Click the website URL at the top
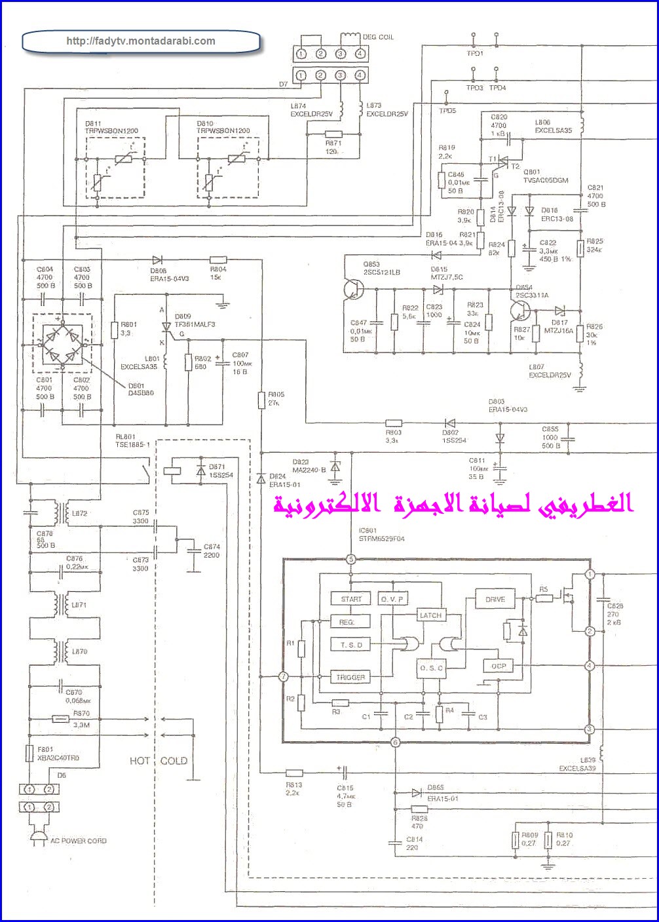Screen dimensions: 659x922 click(141, 41)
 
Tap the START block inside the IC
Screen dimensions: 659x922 click(351, 599)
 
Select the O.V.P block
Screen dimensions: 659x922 click(392, 599)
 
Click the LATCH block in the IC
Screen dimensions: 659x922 click(430, 615)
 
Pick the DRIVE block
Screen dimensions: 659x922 click(495, 599)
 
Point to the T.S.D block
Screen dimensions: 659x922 click(351, 645)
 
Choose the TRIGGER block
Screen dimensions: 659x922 click(350, 677)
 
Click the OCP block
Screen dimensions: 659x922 click(499, 666)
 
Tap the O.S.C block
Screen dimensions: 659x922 click(431, 668)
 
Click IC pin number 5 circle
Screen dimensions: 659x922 click(351, 559)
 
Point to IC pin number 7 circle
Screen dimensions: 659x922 click(283, 677)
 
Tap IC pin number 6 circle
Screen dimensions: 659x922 click(395, 742)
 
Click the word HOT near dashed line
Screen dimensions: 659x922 click(140, 761)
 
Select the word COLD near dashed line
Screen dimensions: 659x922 click(174, 761)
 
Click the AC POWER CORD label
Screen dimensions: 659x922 click(79, 841)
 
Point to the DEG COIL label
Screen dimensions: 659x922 click(378, 37)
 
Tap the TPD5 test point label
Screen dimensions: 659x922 click(447, 111)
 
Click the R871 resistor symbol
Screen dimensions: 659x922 click(333, 133)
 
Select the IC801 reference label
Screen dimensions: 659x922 click(367, 531)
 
